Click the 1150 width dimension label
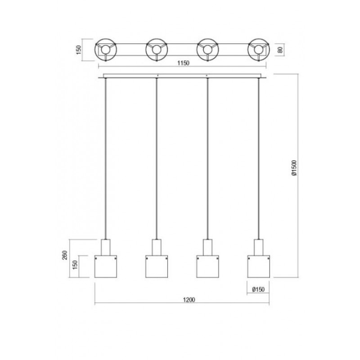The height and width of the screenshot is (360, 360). pyautogui.click(x=183, y=63)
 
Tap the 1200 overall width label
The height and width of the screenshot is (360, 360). pyautogui.click(x=189, y=300)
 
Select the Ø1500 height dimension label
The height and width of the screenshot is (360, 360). pyautogui.click(x=294, y=168)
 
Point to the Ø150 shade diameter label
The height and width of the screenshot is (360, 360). pyautogui.click(x=258, y=289)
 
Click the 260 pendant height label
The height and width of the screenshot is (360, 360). pyautogui.click(x=65, y=255)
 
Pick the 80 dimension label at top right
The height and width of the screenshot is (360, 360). pyautogui.click(x=280, y=50)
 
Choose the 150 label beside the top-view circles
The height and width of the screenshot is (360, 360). pyautogui.click(x=79, y=50)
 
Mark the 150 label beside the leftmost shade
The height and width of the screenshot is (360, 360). pyautogui.click(x=75, y=265)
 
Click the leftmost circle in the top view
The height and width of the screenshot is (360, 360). pyautogui.click(x=106, y=39)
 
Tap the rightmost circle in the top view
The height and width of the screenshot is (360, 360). pyautogui.click(x=258, y=39)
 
